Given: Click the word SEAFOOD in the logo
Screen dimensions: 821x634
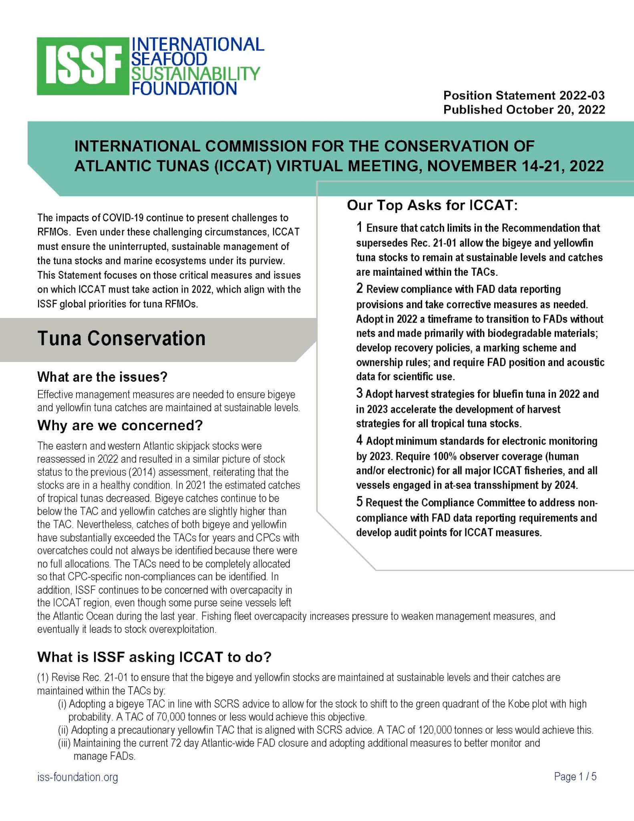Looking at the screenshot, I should tap(169, 59).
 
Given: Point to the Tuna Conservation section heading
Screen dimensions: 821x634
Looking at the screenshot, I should tap(121, 338).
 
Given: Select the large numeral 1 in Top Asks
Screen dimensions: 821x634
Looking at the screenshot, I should tap(360, 227).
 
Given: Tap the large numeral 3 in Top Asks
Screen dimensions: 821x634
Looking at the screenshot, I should tap(360, 393).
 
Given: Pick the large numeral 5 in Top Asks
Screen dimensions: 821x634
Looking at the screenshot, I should tap(360, 502).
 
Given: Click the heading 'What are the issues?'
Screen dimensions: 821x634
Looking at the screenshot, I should tap(102, 377).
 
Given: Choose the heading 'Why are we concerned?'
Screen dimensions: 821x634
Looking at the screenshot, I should tap(120, 425).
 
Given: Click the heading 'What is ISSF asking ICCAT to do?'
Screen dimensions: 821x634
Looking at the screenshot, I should tap(154, 657).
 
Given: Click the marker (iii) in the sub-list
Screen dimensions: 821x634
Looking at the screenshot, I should tap(64, 743).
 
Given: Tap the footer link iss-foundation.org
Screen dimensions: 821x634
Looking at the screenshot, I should tap(78, 777).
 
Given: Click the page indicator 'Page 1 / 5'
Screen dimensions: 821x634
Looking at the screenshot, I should tap(575, 777).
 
